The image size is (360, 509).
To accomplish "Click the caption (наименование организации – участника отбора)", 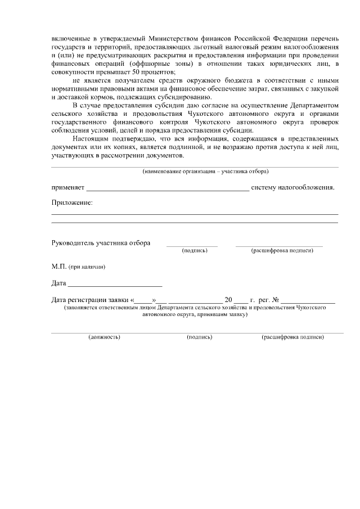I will coord(205,170).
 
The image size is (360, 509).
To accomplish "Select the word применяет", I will coord(67,187).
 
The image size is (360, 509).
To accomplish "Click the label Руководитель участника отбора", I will coord(101,243).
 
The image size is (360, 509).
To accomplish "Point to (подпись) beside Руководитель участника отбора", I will coord(195,250).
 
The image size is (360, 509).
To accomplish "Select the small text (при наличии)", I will coord(87,267).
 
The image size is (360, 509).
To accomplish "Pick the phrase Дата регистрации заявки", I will coord(90,300).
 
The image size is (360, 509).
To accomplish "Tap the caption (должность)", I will coord(104,337).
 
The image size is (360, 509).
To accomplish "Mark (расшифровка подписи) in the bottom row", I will coord(292,337).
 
